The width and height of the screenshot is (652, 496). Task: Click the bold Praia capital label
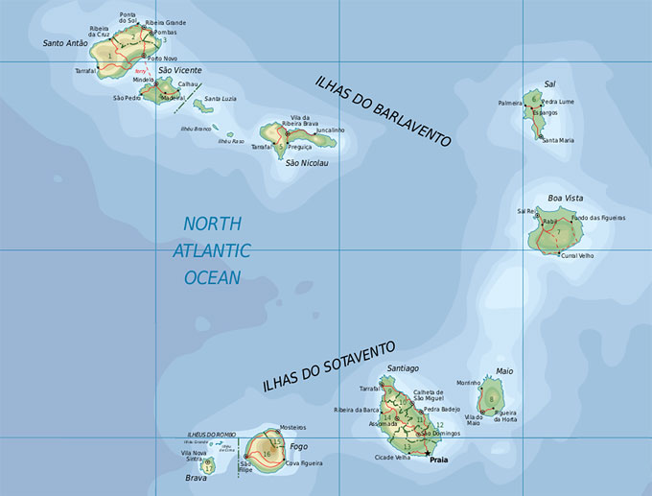coord(439,461)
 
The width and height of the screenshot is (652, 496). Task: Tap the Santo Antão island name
coord(65,43)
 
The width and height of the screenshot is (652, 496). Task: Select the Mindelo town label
coord(143,81)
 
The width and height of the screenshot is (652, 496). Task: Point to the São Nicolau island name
coord(306,163)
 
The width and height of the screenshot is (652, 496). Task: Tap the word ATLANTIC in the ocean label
coord(212,250)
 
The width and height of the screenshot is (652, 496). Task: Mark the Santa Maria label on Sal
coord(558,140)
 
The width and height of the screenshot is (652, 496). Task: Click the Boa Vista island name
coord(565,198)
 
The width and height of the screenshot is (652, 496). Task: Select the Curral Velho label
coord(577,256)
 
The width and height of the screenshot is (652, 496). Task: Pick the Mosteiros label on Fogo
coord(292,427)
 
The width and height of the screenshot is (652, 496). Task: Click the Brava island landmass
coord(208,466)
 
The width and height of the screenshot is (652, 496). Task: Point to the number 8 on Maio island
coord(492,399)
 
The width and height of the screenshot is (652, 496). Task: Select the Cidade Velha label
coord(394,459)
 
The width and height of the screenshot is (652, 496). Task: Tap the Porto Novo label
coord(162,59)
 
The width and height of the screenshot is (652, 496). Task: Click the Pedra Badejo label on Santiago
coord(442,409)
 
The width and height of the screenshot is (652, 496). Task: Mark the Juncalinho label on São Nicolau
coord(329,130)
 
